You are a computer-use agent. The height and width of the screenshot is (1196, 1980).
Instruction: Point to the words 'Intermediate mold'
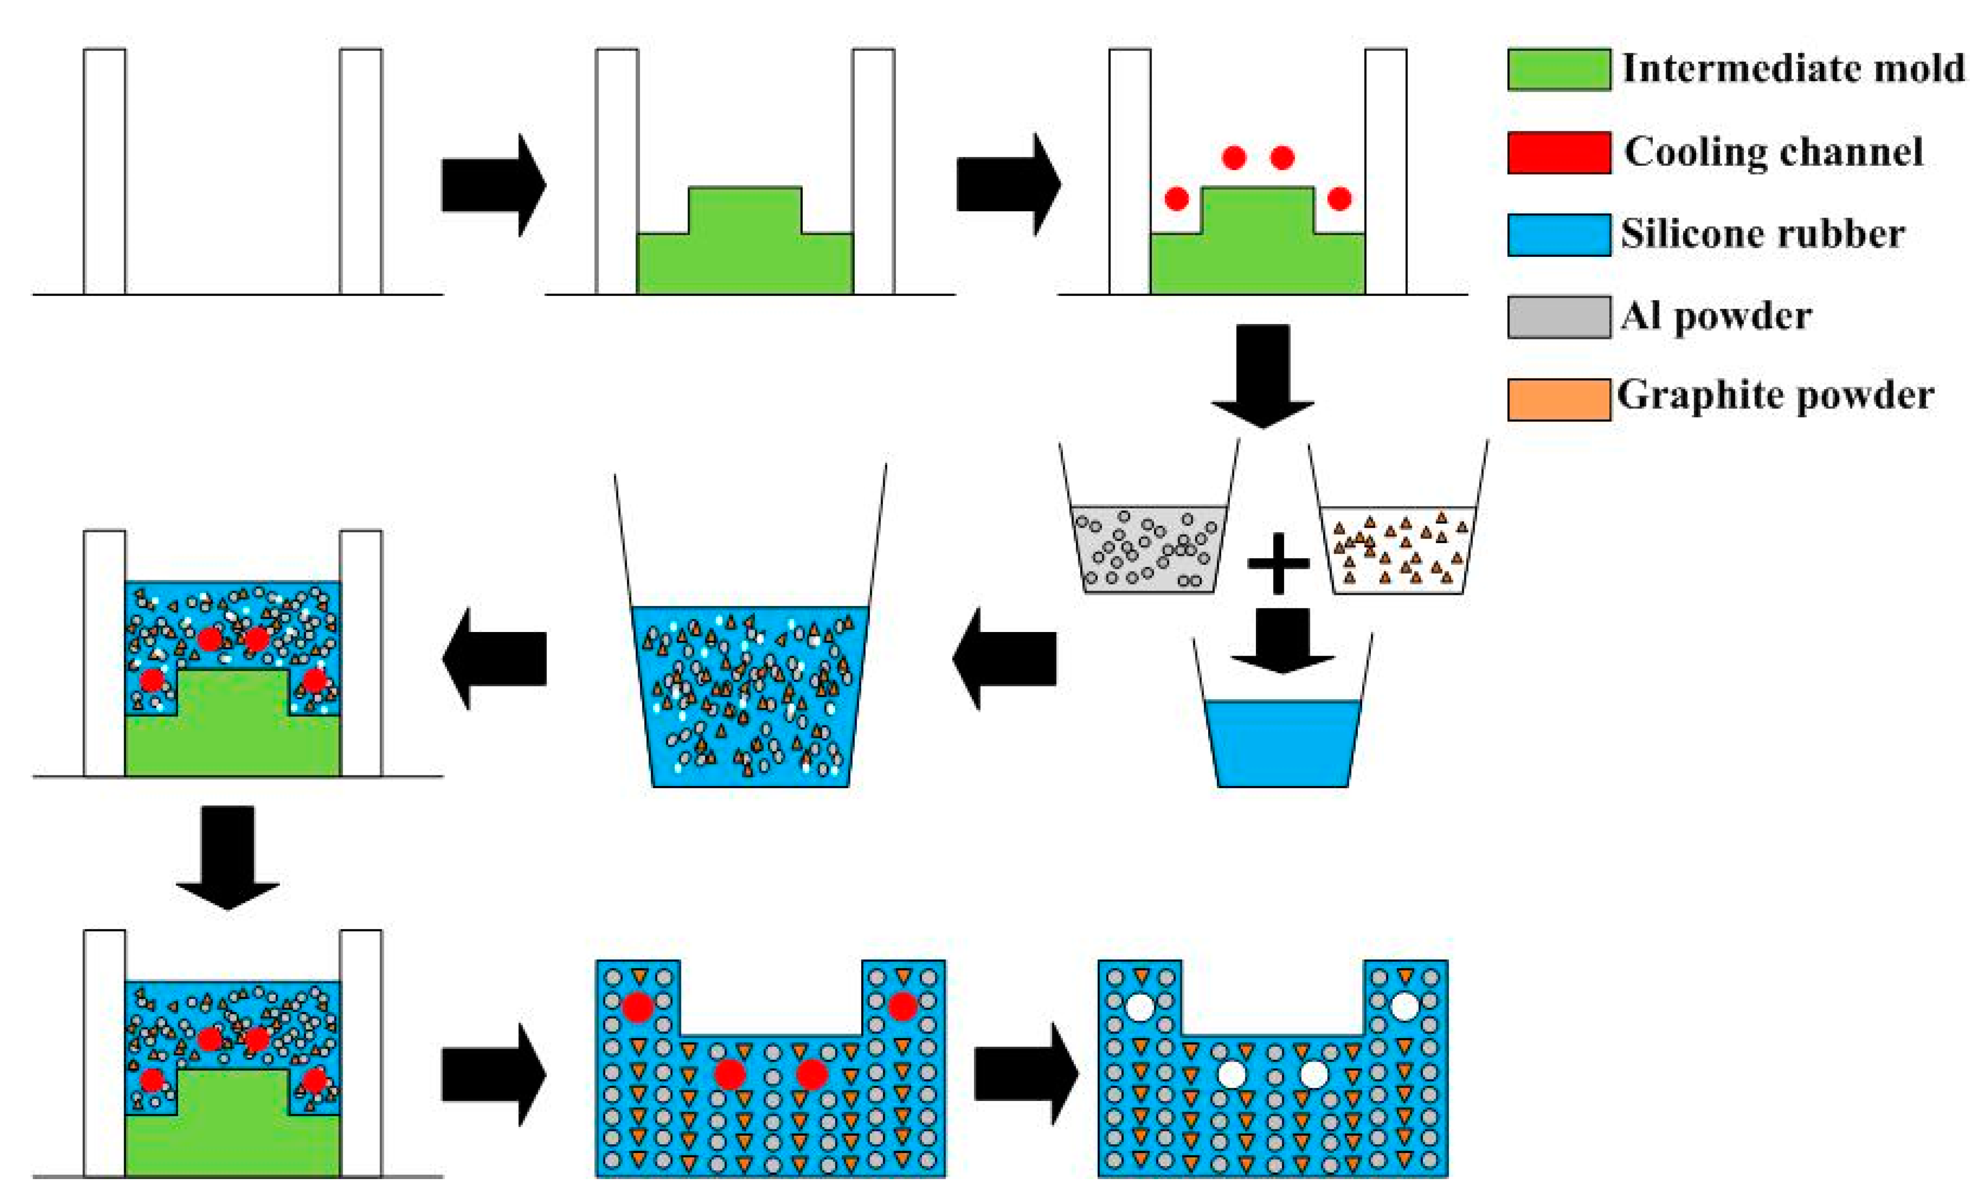[x=1792, y=68]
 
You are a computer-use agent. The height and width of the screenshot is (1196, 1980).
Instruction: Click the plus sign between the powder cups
[x=1278, y=563]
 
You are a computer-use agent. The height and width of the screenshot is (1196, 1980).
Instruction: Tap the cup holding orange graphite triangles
[x=1398, y=550]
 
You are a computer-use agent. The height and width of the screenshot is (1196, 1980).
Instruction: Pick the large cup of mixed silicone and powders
[x=750, y=695]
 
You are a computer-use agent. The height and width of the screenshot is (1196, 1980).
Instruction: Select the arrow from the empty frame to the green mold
[x=492, y=185]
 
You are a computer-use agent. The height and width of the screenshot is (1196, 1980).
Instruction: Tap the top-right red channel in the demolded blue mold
[x=902, y=1005]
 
